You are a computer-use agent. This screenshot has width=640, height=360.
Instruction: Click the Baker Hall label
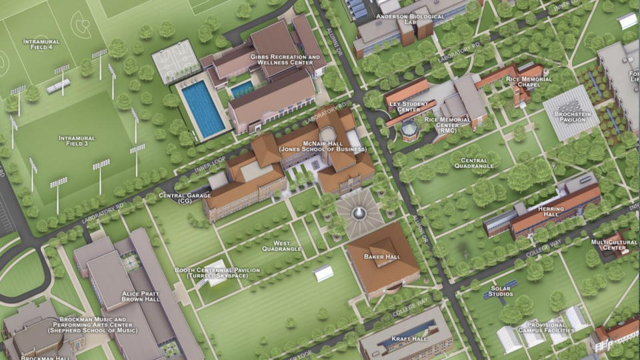pos(382,257)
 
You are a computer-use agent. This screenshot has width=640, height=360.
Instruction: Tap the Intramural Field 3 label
pos(77,141)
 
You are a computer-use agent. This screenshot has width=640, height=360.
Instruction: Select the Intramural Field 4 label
pos(41,45)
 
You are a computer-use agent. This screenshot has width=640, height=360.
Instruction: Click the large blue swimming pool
pos(203,108)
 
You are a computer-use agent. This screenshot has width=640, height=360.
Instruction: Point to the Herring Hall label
pos(553,213)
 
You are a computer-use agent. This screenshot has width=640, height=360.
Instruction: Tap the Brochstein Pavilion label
pos(572,117)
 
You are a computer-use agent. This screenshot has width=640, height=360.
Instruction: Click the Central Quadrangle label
pos(478,163)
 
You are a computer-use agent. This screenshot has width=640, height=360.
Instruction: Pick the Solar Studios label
pos(500,290)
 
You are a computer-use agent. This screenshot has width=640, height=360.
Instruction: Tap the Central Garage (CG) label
pos(185,199)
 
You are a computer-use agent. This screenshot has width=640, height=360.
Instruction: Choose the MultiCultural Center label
pos(609,245)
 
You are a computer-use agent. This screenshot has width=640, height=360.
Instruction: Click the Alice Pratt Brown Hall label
pos(141,296)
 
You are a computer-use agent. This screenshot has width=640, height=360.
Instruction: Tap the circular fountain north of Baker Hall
pos(359,213)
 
